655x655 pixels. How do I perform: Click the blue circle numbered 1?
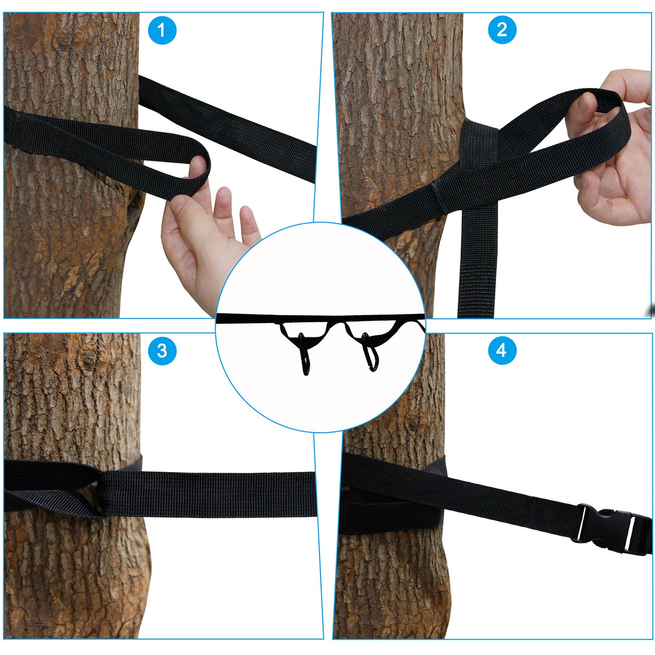[162, 30]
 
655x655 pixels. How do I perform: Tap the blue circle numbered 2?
[502, 30]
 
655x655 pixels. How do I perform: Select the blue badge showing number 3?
[162, 351]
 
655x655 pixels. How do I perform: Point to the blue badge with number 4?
[502, 351]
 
